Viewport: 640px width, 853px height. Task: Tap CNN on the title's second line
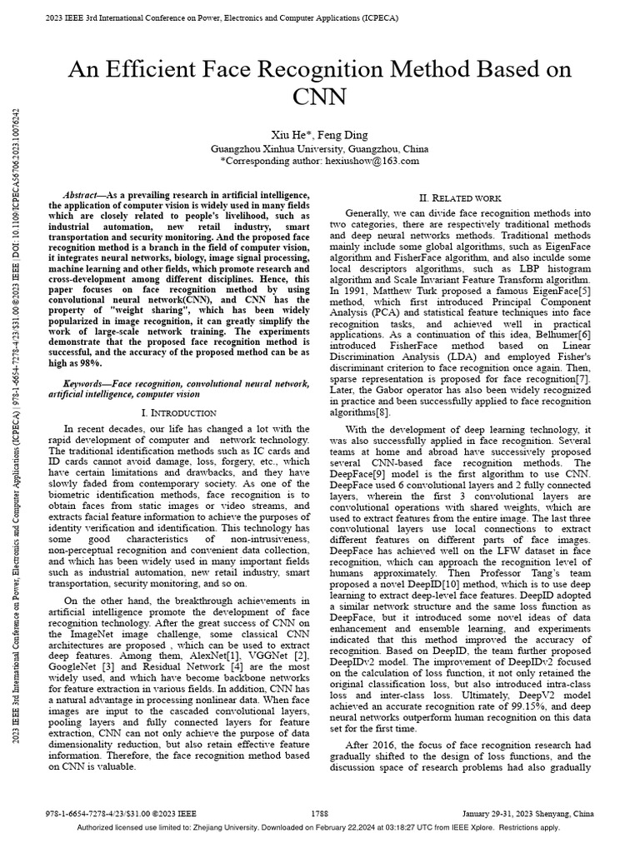pyautogui.click(x=320, y=97)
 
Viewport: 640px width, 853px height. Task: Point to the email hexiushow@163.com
pyautogui.click(x=372, y=160)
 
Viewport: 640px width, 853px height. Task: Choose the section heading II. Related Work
pyautogui.click(x=459, y=198)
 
